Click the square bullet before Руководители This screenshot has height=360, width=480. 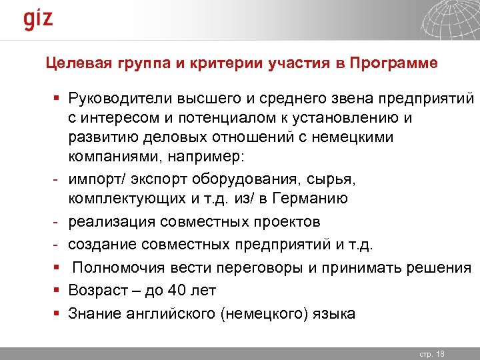coord(57,100)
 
